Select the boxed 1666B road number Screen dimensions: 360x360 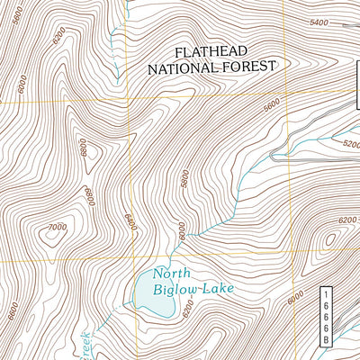[x=326, y=316]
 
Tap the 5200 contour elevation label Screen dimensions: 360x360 [x=349, y=143]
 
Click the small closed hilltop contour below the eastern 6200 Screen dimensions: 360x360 [x=328, y=239]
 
